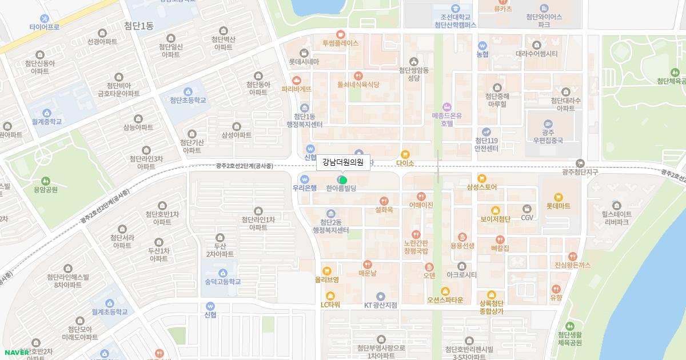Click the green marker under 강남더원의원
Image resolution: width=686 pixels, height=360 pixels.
343,180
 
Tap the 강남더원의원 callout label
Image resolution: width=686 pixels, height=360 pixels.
343,162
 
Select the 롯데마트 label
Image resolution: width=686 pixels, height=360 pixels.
558,206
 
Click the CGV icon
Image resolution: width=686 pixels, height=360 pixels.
527,209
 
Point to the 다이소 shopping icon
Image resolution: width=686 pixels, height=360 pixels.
405,154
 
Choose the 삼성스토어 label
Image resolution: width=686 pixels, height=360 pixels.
481,187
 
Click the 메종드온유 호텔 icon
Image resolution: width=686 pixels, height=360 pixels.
447,107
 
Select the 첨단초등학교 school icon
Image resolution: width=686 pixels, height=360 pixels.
188,91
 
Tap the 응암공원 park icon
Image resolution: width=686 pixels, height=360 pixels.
45,181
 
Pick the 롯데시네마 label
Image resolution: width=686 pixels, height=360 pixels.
304,62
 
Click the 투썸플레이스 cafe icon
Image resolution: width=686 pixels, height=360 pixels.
341,34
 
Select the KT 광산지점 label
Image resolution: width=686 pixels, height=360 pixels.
381,305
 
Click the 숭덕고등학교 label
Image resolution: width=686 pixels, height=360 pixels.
222,282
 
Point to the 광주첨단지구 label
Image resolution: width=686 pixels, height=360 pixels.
580,172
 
